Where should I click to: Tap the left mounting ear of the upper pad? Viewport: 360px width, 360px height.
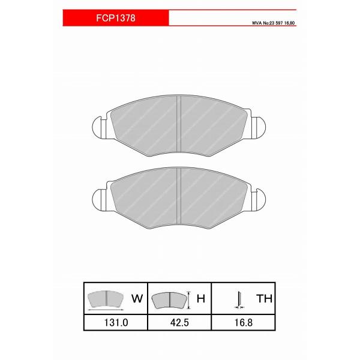[x=100, y=127]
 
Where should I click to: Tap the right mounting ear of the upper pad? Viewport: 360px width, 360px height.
[x=260, y=127]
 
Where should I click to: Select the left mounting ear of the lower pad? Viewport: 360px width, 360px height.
[x=100, y=196]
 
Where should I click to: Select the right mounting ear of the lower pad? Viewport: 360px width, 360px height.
[x=260, y=196]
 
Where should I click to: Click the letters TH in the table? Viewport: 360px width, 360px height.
[x=263, y=297]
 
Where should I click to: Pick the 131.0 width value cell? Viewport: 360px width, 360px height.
[x=115, y=322]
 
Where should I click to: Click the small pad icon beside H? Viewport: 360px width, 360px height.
[x=169, y=298]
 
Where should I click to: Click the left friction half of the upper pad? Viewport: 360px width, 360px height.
[x=144, y=126]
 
